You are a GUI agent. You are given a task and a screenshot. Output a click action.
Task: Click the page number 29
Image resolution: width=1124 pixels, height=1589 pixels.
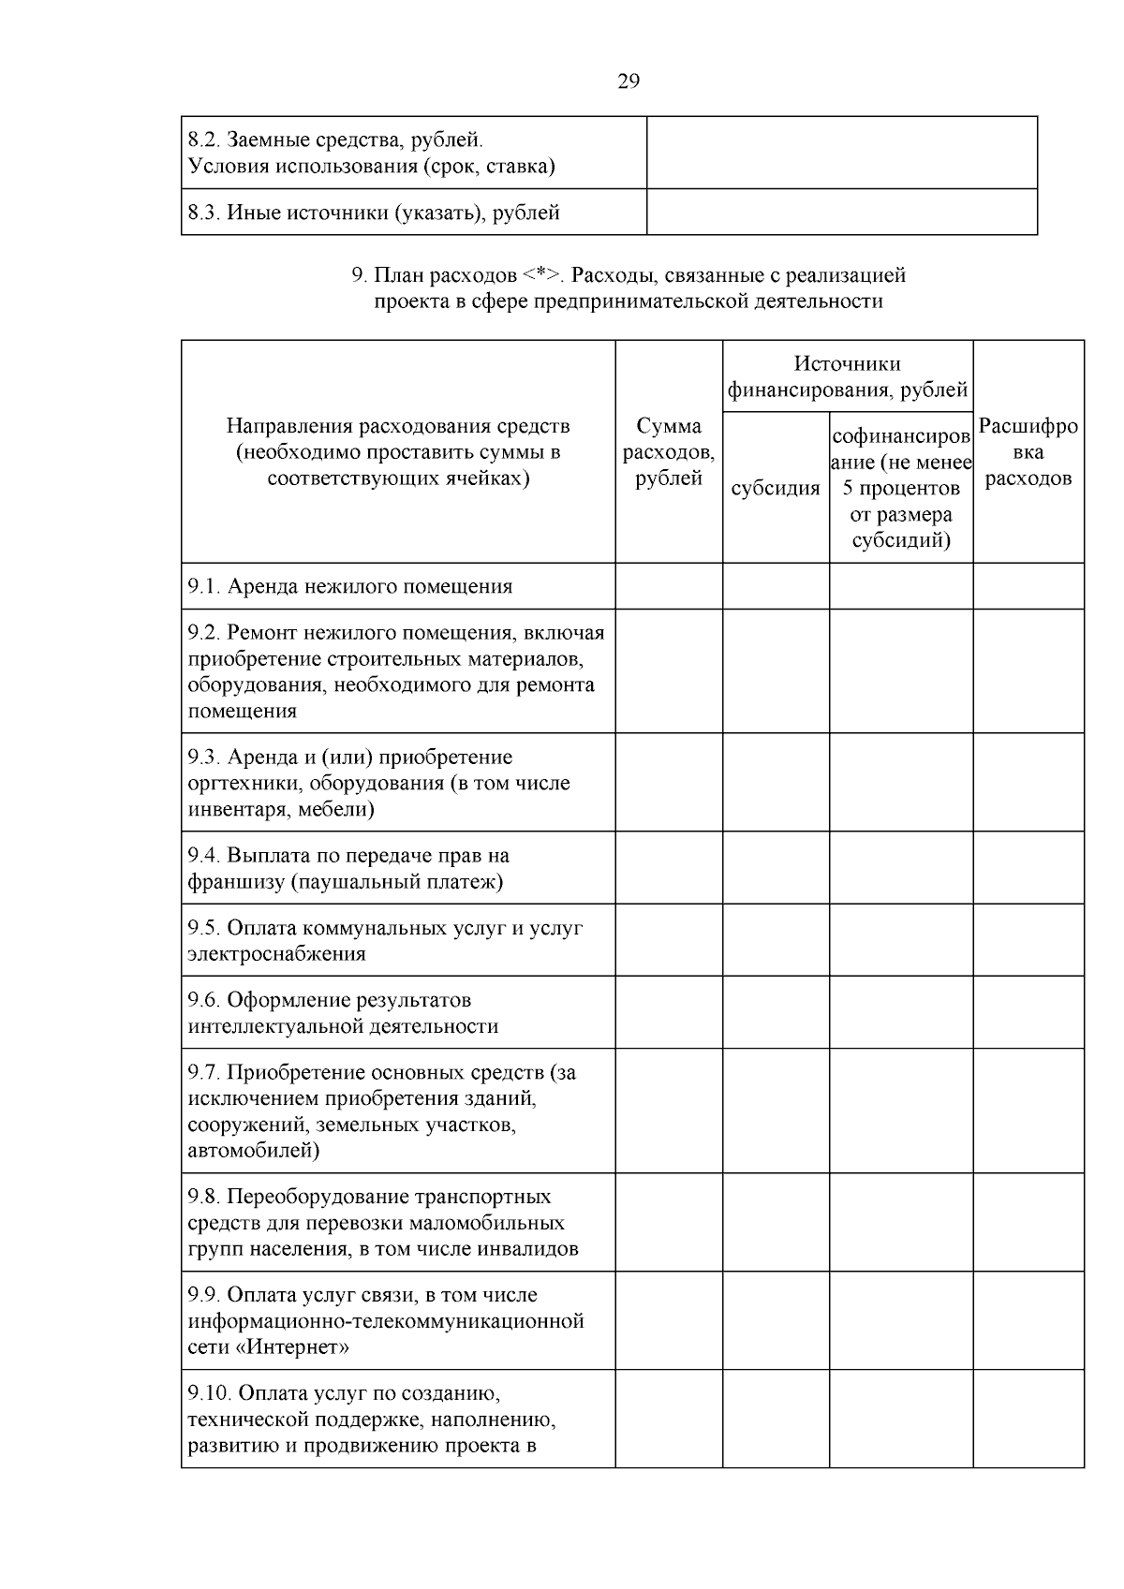coord(629,81)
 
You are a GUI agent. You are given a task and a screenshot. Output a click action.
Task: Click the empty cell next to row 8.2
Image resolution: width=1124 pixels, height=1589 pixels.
coord(841,153)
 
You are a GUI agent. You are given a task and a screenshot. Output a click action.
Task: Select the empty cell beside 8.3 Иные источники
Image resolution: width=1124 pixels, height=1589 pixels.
coord(841,212)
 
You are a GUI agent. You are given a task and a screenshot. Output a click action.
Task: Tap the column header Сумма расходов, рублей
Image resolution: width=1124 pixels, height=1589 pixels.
coord(668,452)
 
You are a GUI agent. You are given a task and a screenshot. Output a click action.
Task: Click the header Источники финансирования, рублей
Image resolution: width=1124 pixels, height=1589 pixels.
coord(847,376)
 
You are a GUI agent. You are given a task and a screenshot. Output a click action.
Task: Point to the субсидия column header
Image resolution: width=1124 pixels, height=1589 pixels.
coord(775,488)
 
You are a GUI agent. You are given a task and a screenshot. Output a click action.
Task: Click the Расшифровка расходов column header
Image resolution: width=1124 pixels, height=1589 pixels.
coord(1028,452)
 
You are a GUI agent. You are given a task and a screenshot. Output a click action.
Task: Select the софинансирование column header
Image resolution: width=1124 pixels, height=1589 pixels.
coord(900,488)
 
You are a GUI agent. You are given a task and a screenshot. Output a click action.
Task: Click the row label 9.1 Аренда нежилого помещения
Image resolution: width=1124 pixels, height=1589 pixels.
coord(350,586)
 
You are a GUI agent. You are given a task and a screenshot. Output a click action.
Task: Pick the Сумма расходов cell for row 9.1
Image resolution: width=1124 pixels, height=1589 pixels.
coord(668,586)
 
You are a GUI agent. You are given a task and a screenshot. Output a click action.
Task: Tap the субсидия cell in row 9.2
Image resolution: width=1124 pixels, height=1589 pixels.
coord(775,670)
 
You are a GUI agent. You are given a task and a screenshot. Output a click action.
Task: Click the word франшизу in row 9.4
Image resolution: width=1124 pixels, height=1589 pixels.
coord(235,881)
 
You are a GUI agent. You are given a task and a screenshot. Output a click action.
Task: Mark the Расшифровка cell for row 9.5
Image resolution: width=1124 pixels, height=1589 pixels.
coord(1028,940)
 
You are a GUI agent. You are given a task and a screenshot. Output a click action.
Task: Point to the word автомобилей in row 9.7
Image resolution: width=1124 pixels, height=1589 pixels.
coord(253,1150)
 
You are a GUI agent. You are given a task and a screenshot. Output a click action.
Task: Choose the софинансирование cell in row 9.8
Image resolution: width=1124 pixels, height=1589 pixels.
coord(900,1222)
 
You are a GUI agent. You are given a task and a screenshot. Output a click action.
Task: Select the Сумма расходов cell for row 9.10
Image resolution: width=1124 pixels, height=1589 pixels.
coord(668,1419)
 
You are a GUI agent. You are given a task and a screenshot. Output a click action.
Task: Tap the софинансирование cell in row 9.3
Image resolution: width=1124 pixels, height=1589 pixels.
coord(900,783)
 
